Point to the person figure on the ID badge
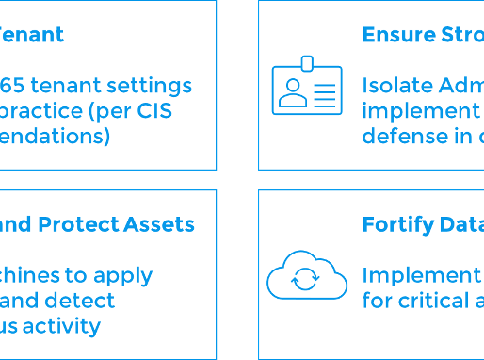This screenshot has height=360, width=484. click(x=292, y=91)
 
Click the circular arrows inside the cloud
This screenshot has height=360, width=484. click(x=307, y=280)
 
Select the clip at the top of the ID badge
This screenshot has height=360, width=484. click(x=307, y=63)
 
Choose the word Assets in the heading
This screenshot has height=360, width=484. click(x=164, y=224)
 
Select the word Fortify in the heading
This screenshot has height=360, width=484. click(x=395, y=224)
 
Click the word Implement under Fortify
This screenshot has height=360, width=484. click(x=421, y=275)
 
